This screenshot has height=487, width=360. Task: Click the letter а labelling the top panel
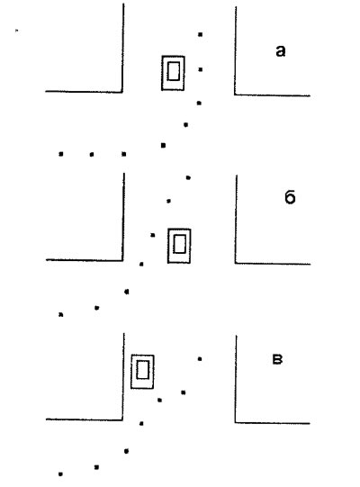point(280,51)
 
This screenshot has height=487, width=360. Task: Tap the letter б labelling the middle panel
point(290,197)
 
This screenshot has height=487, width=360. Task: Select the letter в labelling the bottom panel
point(277,360)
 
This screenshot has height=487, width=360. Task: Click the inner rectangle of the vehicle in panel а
point(174,71)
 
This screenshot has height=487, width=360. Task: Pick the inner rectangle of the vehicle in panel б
point(179,244)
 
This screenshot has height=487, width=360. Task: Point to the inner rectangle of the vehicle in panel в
point(142,370)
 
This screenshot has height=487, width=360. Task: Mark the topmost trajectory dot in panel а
point(201,34)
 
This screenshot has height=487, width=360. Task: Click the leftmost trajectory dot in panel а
point(61,154)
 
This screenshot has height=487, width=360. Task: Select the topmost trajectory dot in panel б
point(188,177)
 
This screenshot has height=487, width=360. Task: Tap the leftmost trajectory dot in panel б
point(61,315)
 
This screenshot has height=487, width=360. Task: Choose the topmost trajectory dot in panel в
point(200,359)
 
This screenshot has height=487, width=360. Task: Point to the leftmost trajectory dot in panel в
point(60,474)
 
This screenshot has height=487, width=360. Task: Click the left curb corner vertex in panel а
point(122,92)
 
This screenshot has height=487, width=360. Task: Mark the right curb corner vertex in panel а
point(235,95)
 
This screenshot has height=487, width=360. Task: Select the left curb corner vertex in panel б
point(122,260)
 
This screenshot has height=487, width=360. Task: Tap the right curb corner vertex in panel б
point(236,263)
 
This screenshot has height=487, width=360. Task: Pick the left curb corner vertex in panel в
point(122,419)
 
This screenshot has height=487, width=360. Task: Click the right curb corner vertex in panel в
point(236,422)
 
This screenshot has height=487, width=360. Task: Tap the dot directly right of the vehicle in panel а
point(201,69)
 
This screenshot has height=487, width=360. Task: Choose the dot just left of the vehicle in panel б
point(152,235)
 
